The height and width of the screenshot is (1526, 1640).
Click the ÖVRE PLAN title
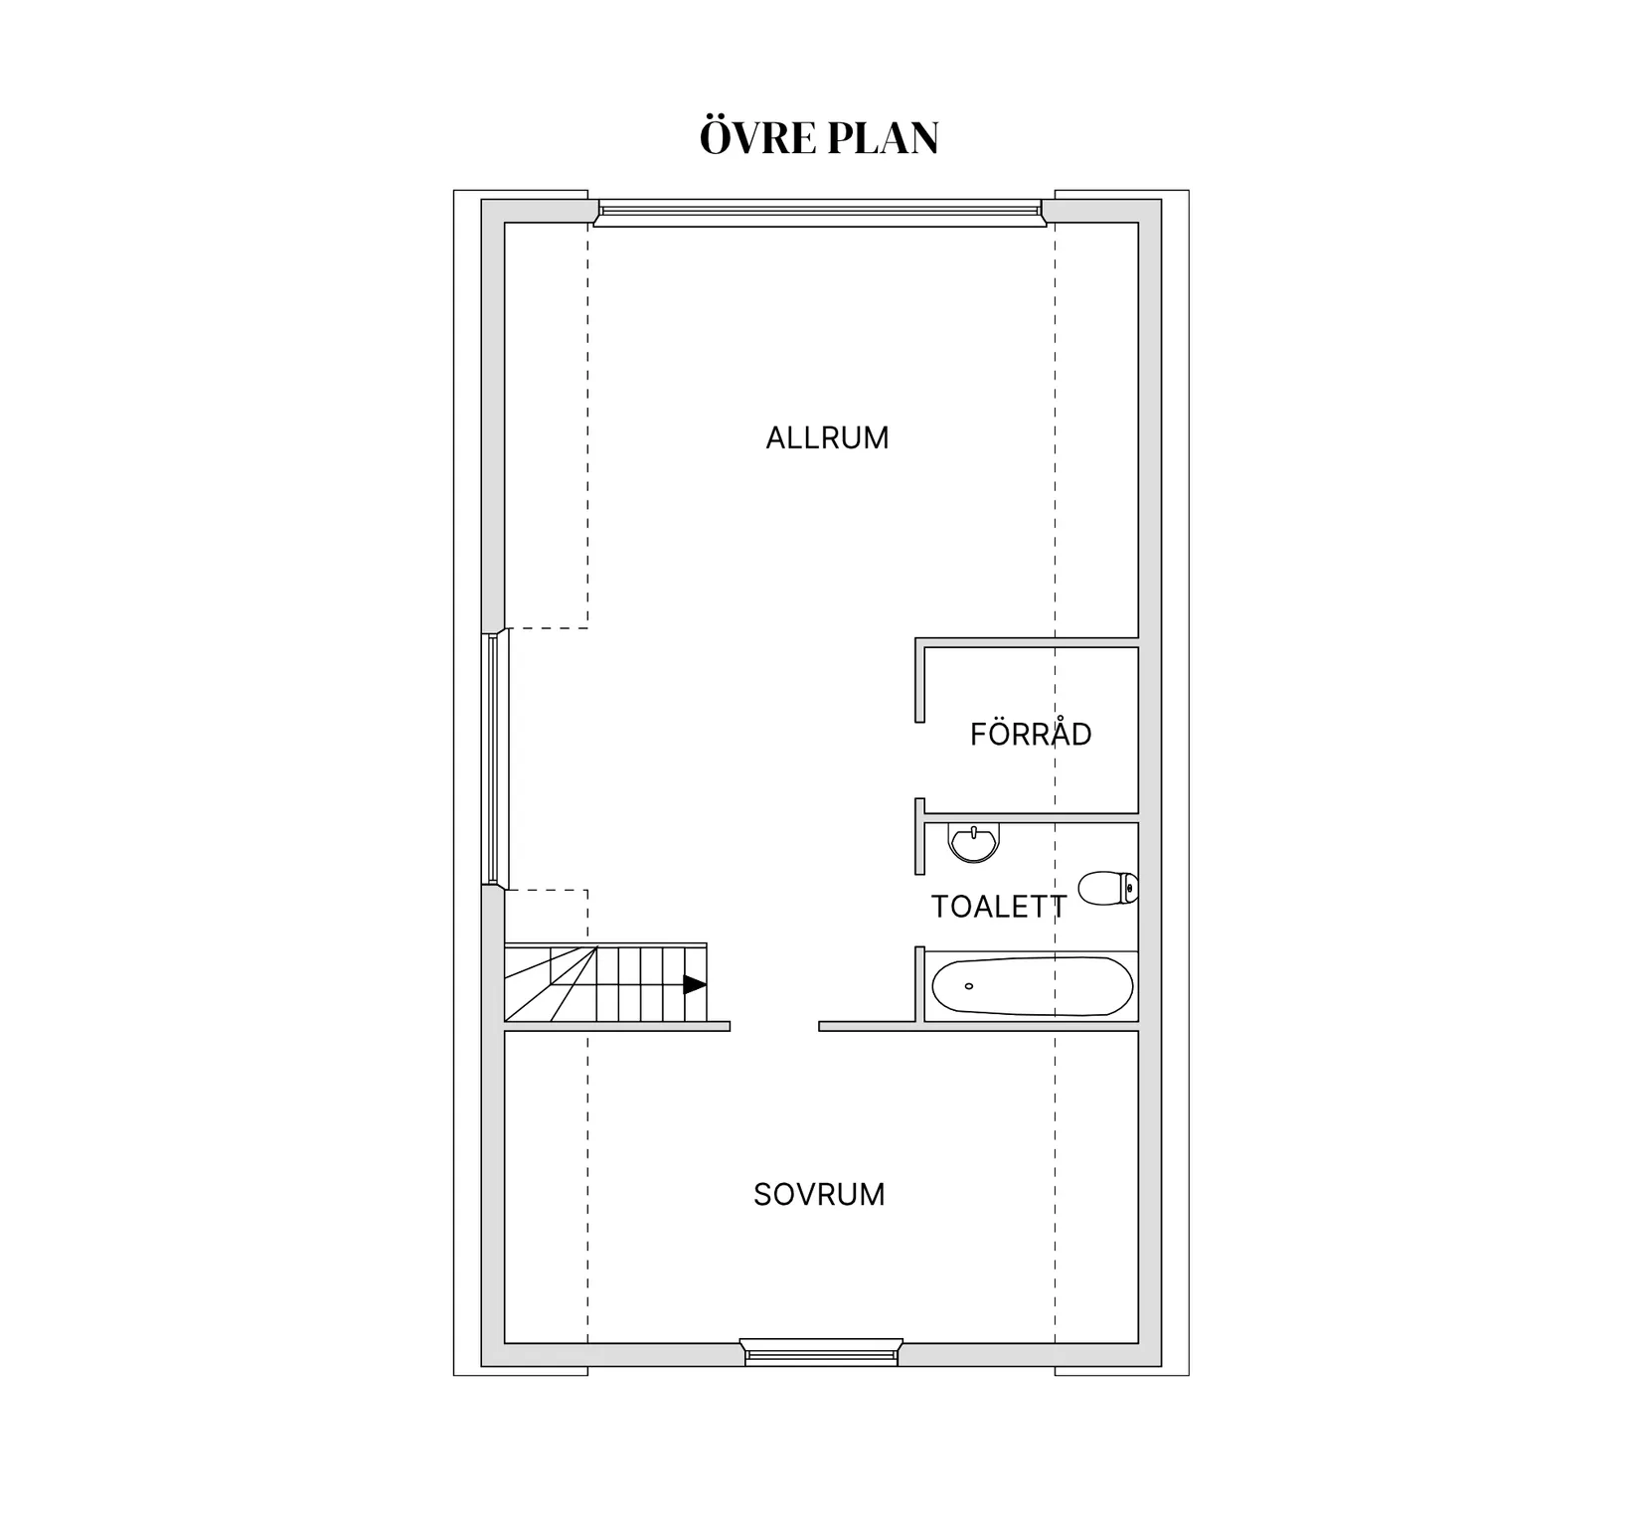[819, 137]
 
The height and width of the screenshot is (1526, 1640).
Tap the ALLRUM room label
[827, 438]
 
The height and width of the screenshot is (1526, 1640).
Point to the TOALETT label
[998, 907]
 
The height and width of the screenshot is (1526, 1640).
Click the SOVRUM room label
[819, 1194]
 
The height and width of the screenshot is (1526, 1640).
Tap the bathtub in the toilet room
[1032, 986]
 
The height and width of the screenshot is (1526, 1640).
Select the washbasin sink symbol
[973, 843]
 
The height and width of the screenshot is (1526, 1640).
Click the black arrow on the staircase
[695, 985]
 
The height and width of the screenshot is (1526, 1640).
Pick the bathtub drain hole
[969, 986]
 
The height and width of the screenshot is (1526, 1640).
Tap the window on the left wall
[496, 759]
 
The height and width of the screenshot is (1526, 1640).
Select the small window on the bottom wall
[821, 1352]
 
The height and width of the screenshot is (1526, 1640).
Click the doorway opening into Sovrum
[774, 1027]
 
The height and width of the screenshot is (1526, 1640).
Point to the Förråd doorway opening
[920, 761]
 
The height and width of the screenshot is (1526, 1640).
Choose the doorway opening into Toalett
[920, 911]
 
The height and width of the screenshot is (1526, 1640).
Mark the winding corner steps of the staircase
[550, 983]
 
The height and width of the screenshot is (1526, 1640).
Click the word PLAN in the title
[883, 138]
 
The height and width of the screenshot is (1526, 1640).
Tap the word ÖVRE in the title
[757, 137]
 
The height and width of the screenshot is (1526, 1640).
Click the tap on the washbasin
[974, 831]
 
